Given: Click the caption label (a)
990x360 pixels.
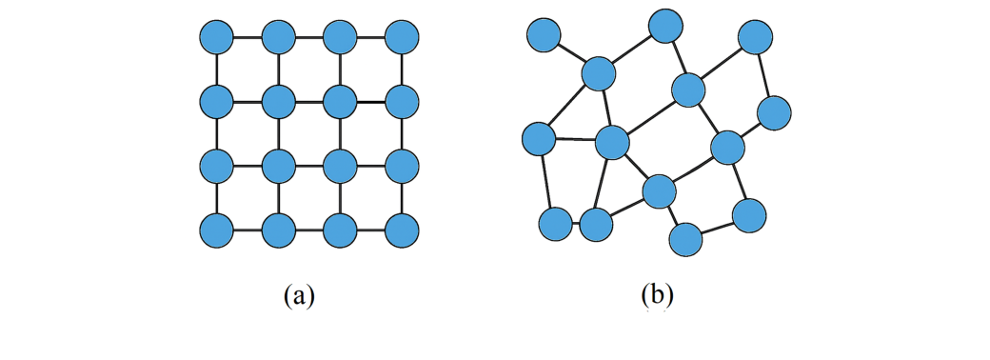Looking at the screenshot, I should (x=299, y=294).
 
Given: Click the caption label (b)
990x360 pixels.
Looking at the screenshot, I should (x=657, y=294).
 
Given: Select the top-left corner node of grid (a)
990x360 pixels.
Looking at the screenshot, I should (x=217, y=38).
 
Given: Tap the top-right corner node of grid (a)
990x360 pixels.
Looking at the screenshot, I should (x=402, y=38).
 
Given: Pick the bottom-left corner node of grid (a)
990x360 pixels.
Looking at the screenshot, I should (x=217, y=230).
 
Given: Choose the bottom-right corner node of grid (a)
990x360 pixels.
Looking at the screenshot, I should (x=402, y=230).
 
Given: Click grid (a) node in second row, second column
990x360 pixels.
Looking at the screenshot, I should (x=278, y=100).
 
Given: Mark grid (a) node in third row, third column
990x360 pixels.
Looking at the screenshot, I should (x=340, y=166).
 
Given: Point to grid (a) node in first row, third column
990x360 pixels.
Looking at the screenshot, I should (x=340, y=38).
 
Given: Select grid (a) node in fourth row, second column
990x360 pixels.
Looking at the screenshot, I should (x=278, y=230).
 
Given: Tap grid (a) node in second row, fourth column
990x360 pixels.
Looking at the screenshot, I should (x=402, y=100).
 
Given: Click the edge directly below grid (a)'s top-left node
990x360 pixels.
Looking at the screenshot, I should (x=217, y=69).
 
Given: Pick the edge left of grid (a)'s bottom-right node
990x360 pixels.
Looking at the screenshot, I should (x=371, y=230).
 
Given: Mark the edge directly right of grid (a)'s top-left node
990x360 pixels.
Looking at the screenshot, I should (x=247, y=38).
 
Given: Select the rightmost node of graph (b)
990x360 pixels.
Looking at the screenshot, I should (x=775, y=112).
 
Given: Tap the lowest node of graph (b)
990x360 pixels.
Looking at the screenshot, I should (x=685, y=239).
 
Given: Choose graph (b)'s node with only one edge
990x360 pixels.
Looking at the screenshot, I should (x=544, y=35).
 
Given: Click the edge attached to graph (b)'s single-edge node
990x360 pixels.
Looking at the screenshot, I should (x=571, y=53).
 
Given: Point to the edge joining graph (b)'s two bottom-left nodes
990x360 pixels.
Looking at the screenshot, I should (x=575, y=226).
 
